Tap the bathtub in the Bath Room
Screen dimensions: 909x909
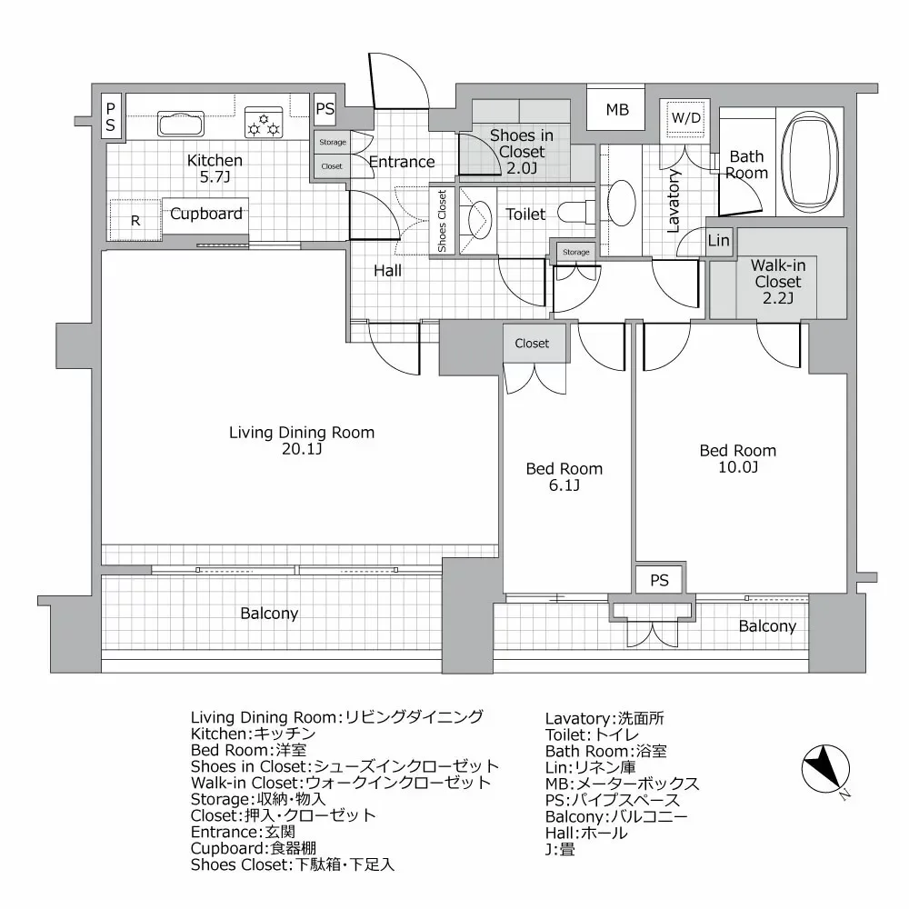(x=813, y=156)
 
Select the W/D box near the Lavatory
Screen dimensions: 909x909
(x=684, y=118)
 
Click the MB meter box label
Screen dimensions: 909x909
(x=617, y=111)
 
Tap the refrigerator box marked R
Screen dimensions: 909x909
(x=135, y=220)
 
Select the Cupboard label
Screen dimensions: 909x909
(x=206, y=215)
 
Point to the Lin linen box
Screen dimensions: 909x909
(x=719, y=241)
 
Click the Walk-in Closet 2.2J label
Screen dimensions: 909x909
(x=778, y=282)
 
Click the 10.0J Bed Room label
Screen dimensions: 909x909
(x=737, y=458)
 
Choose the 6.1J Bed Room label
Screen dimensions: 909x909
(x=564, y=477)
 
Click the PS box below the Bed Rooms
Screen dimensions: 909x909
(x=660, y=580)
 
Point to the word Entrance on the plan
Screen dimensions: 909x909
(x=402, y=162)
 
